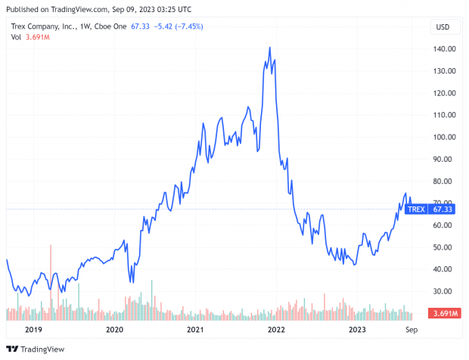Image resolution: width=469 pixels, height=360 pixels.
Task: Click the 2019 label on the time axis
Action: coord(33,331)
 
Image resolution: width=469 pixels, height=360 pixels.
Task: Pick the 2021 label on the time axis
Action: coord(195,331)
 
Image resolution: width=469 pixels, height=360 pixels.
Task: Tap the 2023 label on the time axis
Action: coord(358,331)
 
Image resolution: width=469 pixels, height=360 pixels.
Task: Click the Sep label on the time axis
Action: coord(411,331)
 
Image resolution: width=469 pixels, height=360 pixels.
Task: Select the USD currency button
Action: coord(443,27)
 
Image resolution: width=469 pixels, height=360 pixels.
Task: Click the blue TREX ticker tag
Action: coord(416,209)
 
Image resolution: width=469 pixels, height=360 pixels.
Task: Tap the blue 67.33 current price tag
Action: coord(443,209)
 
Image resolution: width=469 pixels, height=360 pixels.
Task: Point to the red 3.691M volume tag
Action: coord(442,313)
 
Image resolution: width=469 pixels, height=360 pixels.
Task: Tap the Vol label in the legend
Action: coord(15,37)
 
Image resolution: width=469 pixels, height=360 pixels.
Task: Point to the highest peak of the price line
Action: coord(270,48)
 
